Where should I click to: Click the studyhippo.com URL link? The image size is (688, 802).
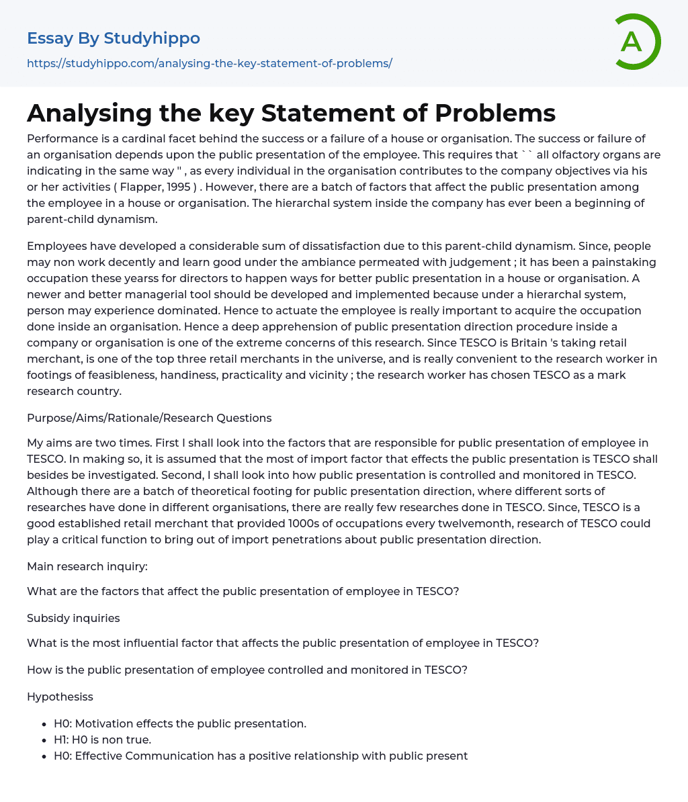tap(209, 63)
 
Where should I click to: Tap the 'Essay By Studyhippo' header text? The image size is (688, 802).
tap(114, 38)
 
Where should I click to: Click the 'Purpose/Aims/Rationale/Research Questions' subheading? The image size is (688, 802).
tap(149, 418)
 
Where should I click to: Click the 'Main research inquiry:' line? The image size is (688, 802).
tap(87, 566)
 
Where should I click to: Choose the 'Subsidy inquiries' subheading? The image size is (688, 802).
tap(73, 617)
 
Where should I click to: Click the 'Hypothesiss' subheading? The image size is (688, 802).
tap(60, 697)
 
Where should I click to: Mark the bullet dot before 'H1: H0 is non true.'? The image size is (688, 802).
tap(44, 740)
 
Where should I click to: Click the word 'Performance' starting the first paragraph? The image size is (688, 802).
tap(58, 138)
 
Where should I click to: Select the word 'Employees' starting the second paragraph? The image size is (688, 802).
tap(54, 246)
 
